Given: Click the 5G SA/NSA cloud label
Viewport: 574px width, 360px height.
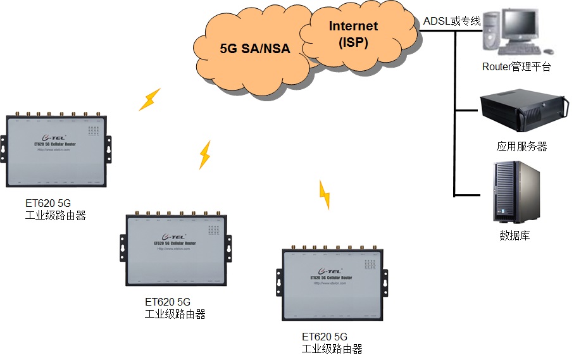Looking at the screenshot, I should point(254,48).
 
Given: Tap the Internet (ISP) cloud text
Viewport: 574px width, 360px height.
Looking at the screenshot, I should point(353,34).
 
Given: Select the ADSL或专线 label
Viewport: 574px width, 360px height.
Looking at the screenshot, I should point(452,22).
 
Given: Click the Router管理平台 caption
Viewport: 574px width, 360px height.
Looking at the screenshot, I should point(516,66).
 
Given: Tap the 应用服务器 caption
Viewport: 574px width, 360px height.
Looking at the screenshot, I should point(521,146).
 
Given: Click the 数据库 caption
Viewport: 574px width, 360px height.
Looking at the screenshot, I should point(515,236).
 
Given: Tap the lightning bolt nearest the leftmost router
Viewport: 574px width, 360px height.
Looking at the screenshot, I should point(150,99).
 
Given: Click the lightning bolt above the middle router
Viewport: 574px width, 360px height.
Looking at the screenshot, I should point(204,154).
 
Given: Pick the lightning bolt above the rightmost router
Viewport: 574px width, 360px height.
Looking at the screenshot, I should point(324,194).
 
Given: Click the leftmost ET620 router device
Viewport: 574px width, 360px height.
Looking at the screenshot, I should point(57,151).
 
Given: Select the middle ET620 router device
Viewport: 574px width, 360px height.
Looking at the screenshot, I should point(175,249).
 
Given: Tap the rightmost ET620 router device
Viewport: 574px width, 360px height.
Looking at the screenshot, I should point(333,283).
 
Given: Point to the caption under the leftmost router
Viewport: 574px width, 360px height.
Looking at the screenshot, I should point(55,210).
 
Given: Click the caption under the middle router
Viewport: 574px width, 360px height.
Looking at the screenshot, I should point(175,308).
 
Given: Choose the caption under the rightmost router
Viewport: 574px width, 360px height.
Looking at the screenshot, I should point(332,343).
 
